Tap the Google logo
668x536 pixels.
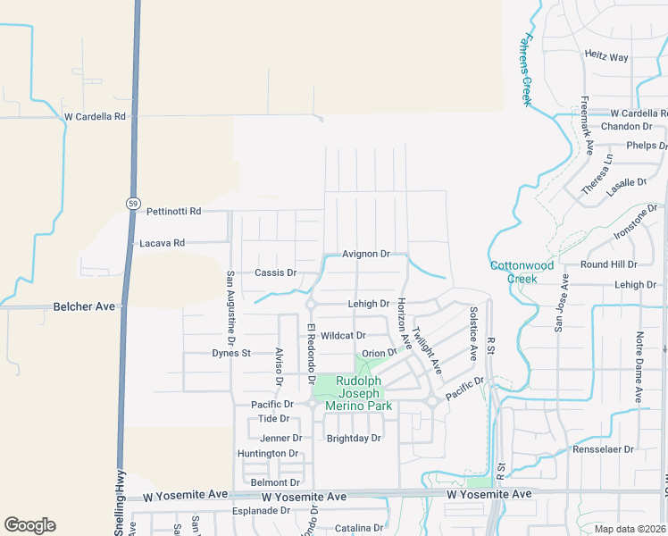point(29,525)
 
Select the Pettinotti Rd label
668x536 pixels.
point(174,212)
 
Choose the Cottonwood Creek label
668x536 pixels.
point(522,272)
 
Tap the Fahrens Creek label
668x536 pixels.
point(527,71)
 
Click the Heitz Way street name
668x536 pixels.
point(606,57)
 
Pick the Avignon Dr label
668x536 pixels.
point(366,255)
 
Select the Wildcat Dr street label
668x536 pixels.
point(344,336)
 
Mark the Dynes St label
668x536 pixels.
point(231,353)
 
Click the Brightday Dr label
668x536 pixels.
point(354,439)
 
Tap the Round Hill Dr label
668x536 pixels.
point(608,264)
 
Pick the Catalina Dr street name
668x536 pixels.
point(359,529)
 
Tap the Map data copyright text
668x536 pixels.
point(630,529)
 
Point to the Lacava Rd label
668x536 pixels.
point(162,243)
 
